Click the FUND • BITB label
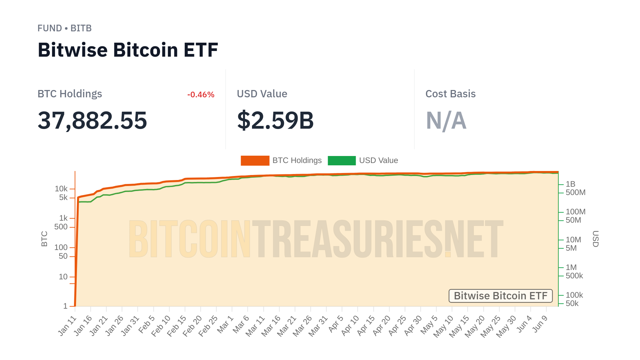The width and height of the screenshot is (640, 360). [x=64, y=28]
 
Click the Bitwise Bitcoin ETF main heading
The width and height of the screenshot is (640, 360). [x=128, y=50]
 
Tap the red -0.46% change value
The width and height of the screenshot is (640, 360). [x=201, y=95]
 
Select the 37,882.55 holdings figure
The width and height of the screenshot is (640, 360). [x=92, y=120]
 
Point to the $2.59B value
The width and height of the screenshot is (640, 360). [x=275, y=120]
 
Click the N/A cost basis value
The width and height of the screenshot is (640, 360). [x=446, y=120]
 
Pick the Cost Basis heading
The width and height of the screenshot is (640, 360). [x=450, y=94]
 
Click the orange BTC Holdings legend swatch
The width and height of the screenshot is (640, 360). [x=255, y=161]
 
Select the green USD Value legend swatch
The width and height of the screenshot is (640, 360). [x=342, y=161]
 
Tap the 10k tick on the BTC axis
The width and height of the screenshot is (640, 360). [x=61, y=189]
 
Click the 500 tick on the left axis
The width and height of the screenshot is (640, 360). [x=61, y=227]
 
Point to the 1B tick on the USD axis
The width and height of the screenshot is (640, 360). [x=570, y=184]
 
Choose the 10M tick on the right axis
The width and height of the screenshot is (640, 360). [x=573, y=240]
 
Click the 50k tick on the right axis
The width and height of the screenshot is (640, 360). [x=572, y=303]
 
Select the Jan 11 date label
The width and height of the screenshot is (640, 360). [x=67, y=326]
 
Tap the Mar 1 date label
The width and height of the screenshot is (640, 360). [x=225, y=324]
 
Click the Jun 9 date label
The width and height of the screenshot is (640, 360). [x=540, y=324]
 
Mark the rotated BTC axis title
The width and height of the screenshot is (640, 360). [x=44, y=239]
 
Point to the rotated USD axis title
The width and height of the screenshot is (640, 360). [x=596, y=239]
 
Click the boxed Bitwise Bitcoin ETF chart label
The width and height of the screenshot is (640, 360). [x=501, y=296]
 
